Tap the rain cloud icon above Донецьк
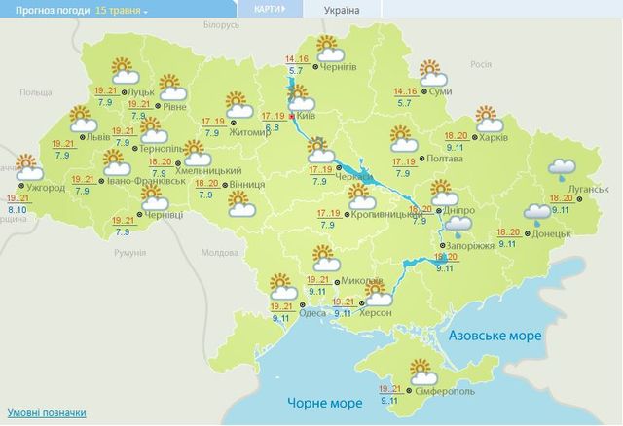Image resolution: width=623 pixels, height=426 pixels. (538, 213)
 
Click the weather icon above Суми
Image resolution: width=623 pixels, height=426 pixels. (432, 71)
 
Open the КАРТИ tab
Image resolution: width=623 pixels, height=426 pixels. (269, 11)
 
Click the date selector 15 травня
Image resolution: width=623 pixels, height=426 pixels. (122, 10)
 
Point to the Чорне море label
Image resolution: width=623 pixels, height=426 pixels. (318, 402)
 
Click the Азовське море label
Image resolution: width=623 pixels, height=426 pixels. (495, 334)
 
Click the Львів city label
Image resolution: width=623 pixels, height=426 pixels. (98, 138)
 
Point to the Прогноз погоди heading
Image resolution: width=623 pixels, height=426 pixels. (45, 10)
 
